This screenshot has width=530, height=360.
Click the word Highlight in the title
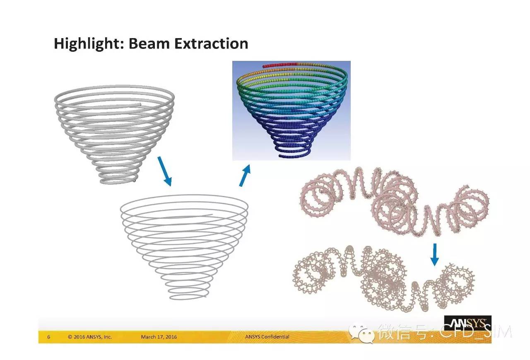tap(89, 44)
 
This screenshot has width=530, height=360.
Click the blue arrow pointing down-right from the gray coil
tap(165, 171)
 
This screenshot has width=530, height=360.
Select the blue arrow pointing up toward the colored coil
tap(245, 176)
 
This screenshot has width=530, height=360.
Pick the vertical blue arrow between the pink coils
tap(434, 255)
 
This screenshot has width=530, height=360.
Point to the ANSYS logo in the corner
tap(467, 324)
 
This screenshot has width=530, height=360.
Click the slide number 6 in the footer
tap(49, 337)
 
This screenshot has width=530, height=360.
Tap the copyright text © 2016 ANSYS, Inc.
tap(90, 337)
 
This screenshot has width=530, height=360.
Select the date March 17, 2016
tap(159, 337)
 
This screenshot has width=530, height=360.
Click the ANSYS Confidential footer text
tap(267, 337)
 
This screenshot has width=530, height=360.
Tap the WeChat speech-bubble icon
tap(362, 333)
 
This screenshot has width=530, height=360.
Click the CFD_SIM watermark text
tap(476, 331)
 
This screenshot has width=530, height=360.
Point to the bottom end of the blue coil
tap(280, 156)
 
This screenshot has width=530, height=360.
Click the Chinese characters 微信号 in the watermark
tap(402, 332)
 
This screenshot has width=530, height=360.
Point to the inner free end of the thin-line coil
tap(211, 215)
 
